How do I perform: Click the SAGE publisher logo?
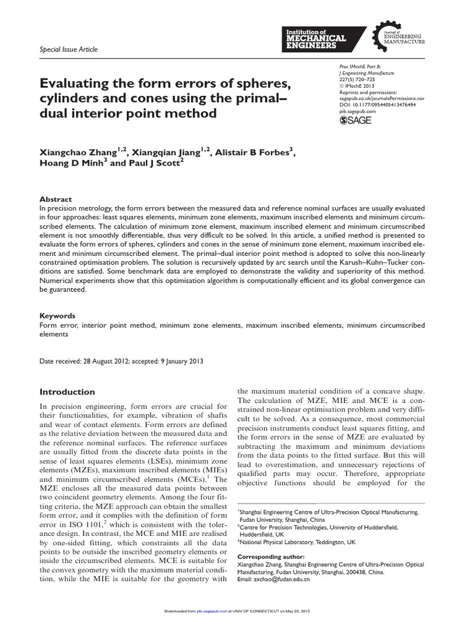point(356,120)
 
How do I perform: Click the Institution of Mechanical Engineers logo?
point(315,38)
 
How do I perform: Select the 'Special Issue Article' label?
point(68,49)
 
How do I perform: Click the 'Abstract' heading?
point(56,200)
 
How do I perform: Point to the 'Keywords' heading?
point(58,315)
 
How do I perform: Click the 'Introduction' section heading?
point(67,392)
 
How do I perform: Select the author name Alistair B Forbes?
point(254,151)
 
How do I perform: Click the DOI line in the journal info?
point(378,105)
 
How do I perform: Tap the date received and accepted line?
point(121,361)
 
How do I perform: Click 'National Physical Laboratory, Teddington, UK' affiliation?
point(298,542)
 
